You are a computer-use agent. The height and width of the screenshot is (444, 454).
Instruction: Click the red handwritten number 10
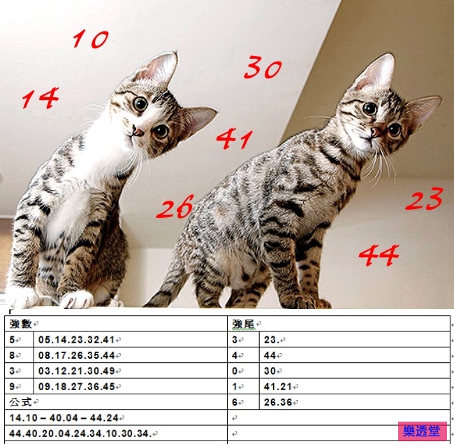click(91, 39)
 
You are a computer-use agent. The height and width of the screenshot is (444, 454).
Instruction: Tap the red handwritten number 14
click(40, 99)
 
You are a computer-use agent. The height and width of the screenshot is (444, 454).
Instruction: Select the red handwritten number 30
click(263, 68)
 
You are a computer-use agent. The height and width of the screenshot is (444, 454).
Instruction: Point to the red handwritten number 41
click(234, 139)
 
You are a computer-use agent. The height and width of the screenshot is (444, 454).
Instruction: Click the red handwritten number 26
click(175, 208)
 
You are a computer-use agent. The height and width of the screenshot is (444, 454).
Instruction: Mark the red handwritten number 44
click(379, 255)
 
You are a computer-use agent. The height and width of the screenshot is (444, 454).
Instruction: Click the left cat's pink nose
click(138, 131)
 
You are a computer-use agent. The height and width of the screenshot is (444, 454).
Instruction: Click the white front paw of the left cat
click(77, 299)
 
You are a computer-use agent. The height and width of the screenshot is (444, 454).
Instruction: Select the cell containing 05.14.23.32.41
click(77, 340)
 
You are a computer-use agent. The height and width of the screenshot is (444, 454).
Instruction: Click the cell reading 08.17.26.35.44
click(77, 355)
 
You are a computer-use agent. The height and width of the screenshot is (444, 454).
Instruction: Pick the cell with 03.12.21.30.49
click(77, 371)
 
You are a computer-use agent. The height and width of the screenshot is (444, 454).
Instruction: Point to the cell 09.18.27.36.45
click(77, 386)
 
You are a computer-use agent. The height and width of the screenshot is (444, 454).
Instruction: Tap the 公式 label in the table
click(21, 402)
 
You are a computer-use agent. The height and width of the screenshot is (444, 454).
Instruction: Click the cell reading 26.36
click(278, 402)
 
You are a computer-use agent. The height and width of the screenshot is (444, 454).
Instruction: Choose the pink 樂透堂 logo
click(422, 431)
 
